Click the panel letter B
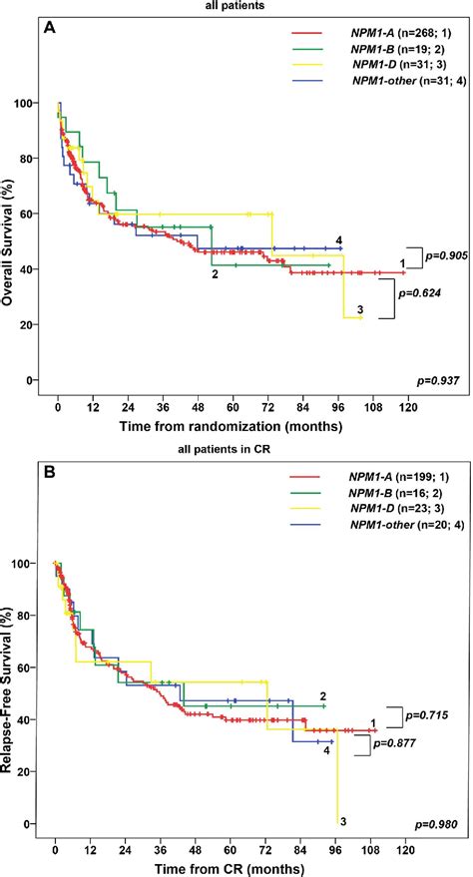coord(49,469)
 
